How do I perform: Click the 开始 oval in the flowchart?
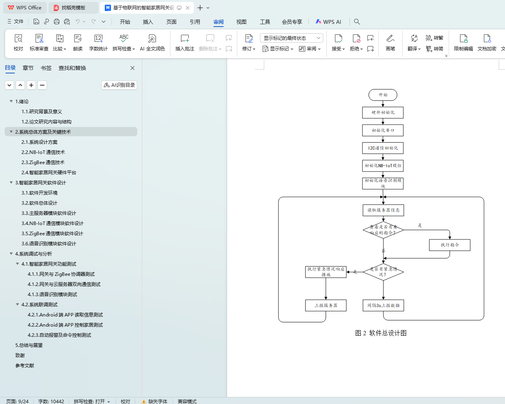pos(383,95)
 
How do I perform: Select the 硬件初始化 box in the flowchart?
pos(383,113)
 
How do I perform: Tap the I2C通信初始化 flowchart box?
pos(383,148)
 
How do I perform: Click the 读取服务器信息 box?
pos(383,210)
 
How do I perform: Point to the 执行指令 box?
pos(449,245)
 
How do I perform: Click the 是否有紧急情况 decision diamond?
pos(383,272)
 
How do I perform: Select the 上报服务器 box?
pos(326,306)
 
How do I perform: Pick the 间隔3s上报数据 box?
pos(383,306)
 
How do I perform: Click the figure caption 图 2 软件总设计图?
pos(381,333)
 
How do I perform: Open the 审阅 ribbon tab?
pos(218,22)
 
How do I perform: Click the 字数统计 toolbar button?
pos(98,42)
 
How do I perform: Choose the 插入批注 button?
pos(184,42)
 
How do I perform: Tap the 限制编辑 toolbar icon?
pos(463,42)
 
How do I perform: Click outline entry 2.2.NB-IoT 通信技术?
pos(43,152)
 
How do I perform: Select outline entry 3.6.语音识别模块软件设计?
pos(48,244)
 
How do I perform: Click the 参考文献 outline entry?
pos(25,366)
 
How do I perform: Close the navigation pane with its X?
pos(133,68)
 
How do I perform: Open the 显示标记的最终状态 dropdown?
pos(291,38)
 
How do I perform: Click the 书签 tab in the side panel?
pos(46,68)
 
